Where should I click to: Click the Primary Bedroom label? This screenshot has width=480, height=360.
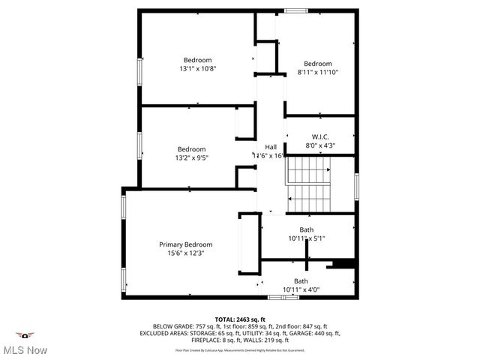click(x=185, y=244)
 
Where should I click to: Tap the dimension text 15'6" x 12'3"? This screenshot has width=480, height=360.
click(x=185, y=253)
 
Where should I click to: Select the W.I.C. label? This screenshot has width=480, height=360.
click(x=320, y=136)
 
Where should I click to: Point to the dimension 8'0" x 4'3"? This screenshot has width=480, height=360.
click(x=320, y=145)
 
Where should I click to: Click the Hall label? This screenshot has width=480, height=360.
click(x=270, y=146)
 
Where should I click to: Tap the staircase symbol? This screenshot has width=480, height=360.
click(x=308, y=184)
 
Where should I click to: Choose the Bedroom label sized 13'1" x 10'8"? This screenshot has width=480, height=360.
click(x=198, y=60)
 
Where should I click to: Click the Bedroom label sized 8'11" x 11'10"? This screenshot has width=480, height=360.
click(x=317, y=64)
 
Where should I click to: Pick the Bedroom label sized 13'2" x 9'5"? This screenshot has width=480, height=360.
click(x=191, y=149)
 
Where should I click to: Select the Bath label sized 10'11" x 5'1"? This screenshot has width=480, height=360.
click(x=307, y=229)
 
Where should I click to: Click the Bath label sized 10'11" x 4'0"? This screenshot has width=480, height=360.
click(x=301, y=280)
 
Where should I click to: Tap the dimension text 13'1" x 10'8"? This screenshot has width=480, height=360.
click(x=198, y=69)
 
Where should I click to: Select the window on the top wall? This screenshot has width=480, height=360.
click(x=295, y=10)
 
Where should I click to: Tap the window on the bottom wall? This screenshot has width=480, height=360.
click(x=280, y=297)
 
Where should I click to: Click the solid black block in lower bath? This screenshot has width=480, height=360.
click(x=343, y=263)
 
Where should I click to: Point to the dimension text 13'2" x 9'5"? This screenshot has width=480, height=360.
click(x=191, y=158)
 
